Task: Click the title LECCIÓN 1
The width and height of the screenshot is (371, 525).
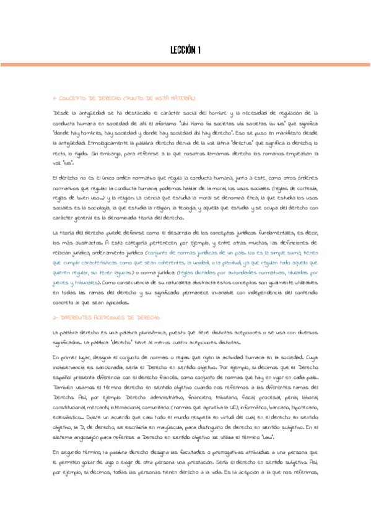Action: coord(185,50)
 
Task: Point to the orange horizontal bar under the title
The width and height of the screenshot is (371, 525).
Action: coord(185,64)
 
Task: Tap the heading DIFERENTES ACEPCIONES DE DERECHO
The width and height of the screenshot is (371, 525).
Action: coord(107,316)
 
